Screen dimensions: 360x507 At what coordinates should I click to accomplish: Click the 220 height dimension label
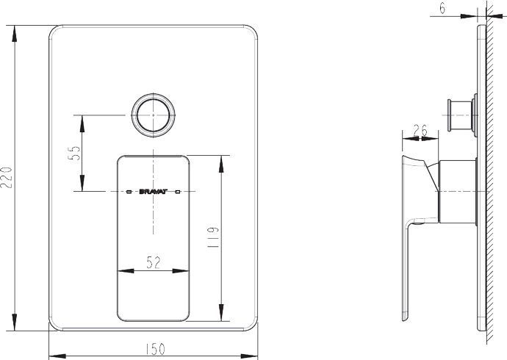(8, 177)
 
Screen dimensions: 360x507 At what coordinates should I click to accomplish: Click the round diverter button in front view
(154, 115)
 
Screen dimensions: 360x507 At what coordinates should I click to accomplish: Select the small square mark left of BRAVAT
(130, 191)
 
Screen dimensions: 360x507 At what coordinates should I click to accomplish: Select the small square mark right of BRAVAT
(178, 191)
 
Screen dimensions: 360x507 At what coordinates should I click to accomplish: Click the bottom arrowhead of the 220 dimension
(15, 325)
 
